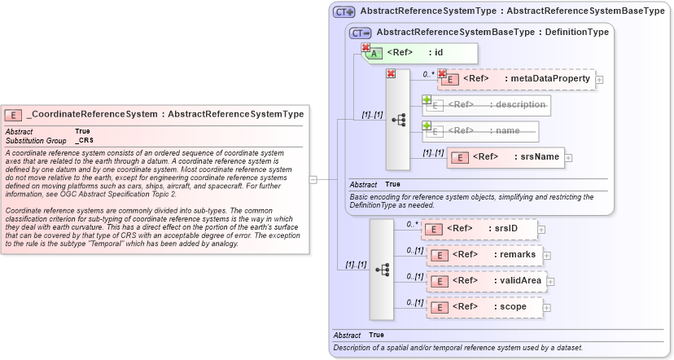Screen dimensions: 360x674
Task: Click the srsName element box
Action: (x=505, y=157)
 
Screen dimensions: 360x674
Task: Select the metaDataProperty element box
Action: (x=516, y=79)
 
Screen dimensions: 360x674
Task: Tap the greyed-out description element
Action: (x=486, y=105)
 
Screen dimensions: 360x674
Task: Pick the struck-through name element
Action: (x=486, y=130)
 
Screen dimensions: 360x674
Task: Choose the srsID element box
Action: (x=480, y=229)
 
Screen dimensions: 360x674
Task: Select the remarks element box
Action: (x=485, y=255)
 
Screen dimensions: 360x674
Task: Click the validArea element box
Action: (x=485, y=281)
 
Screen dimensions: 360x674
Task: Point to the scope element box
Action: (x=485, y=307)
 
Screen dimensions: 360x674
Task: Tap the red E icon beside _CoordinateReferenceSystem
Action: (x=13, y=115)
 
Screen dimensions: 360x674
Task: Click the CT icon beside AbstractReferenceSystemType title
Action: (x=344, y=12)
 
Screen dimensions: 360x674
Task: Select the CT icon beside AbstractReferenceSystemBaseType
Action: (x=361, y=33)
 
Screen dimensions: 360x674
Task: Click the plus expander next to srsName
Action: (x=569, y=158)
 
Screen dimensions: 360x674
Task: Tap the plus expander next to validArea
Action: (x=549, y=282)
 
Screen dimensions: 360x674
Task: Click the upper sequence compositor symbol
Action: (x=398, y=119)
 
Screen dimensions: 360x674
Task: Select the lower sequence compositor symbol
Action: (x=382, y=269)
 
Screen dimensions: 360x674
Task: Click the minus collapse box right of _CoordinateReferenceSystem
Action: (x=313, y=179)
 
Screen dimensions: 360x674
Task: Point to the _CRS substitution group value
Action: (x=84, y=140)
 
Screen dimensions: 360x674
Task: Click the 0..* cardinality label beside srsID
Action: (x=413, y=223)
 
